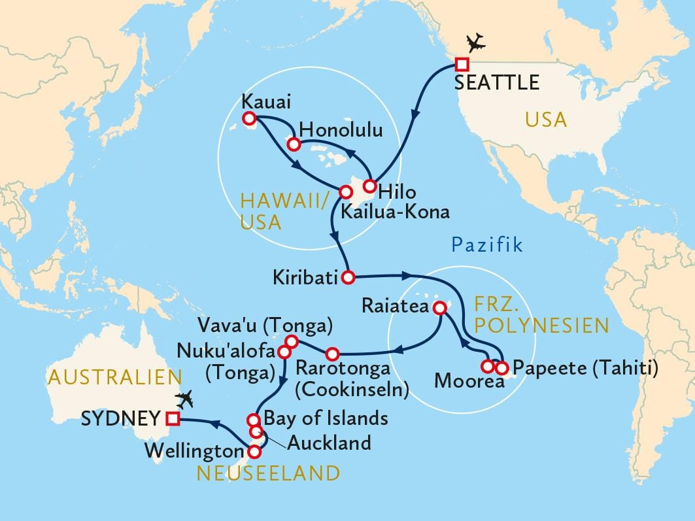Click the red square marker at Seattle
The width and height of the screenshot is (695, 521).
462,64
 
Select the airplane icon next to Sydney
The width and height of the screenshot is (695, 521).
186,397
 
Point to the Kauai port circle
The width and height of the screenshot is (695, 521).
248,118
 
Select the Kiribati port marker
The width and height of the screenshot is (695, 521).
348,277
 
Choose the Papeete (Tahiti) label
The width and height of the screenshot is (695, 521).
585,369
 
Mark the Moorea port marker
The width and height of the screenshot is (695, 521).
488,366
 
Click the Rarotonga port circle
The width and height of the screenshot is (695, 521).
332,354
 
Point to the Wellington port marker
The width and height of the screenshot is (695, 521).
255,450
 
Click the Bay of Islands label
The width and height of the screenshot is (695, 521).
326,418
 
